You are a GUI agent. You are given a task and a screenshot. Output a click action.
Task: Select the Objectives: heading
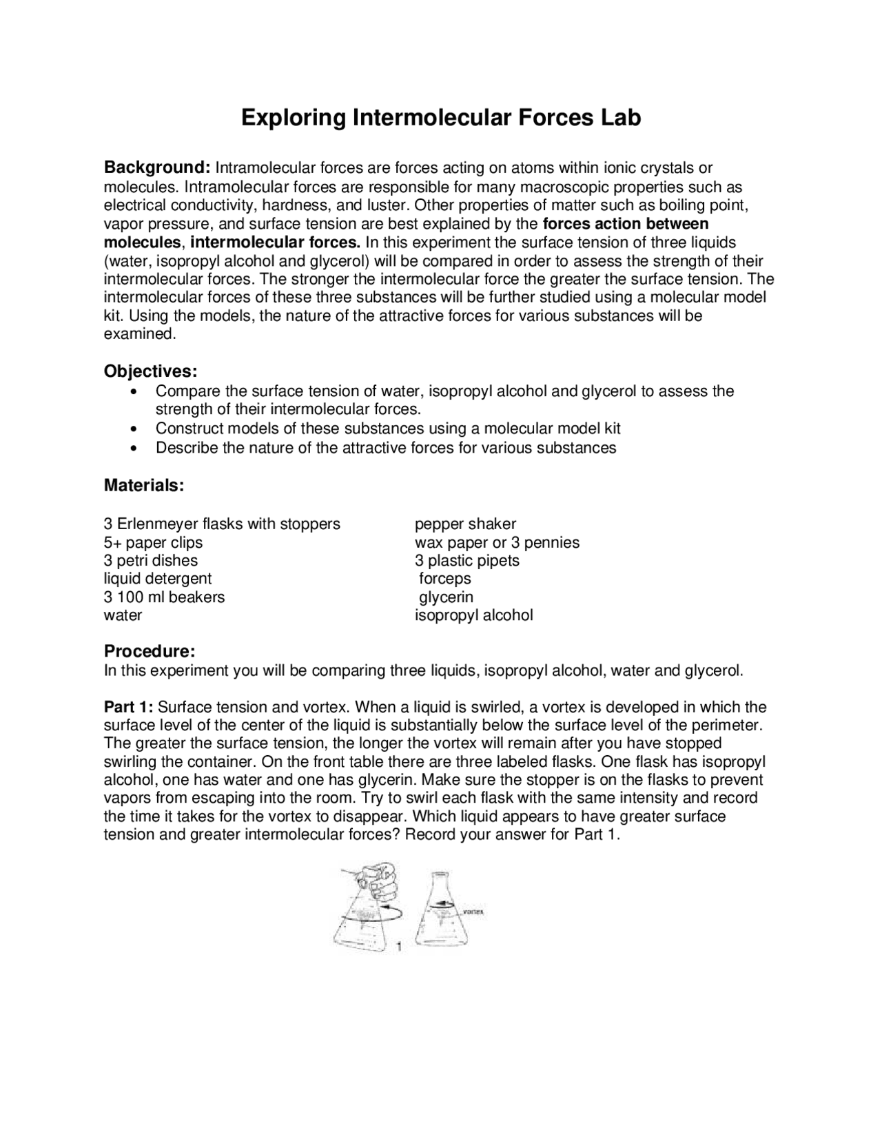(x=150, y=371)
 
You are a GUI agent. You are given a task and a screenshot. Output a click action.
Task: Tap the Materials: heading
(x=144, y=485)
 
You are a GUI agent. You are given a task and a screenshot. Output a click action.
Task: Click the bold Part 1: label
(x=129, y=707)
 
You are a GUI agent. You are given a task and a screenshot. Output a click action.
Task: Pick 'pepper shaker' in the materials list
(x=465, y=524)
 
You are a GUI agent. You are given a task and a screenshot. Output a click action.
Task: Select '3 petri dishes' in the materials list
(x=150, y=560)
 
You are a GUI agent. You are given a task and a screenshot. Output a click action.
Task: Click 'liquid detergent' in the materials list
(x=158, y=578)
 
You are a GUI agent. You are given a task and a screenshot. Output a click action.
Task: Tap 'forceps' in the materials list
(x=445, y=578)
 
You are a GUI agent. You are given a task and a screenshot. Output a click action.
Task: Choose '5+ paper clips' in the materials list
(x=153, y=542)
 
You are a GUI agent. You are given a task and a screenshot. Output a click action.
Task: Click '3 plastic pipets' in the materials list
(x=466, y=560)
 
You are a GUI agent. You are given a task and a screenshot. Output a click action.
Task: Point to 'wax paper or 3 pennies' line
(x=497, y=542)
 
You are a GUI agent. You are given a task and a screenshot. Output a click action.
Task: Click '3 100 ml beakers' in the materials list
(x=164, y=597)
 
